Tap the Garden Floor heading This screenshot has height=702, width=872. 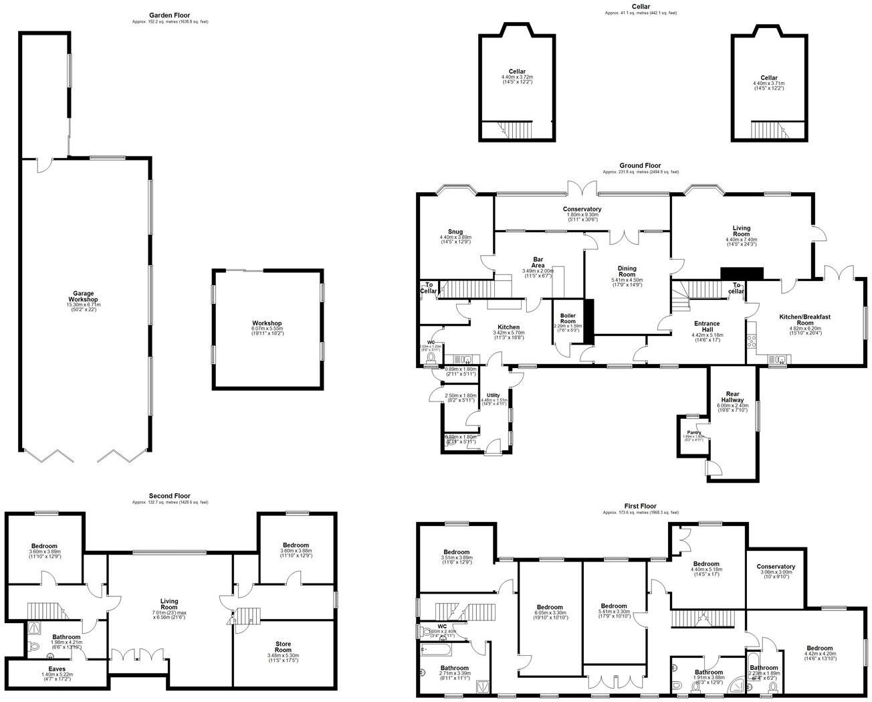[169, 15]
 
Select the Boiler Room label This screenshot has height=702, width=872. [568, 319]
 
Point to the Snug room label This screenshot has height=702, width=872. [455, 232]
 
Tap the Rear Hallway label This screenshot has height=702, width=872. [734, 397]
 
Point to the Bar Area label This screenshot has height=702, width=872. [538, 262]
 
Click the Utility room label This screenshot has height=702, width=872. [494, 396]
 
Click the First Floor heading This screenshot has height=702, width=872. [640, 506]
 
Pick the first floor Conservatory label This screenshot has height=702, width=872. [776, 567]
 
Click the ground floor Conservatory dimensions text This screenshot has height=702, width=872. [581, 217]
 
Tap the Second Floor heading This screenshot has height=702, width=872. [170, 497]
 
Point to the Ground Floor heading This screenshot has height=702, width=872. [640, 165]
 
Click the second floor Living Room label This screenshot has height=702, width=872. [169, 605]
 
